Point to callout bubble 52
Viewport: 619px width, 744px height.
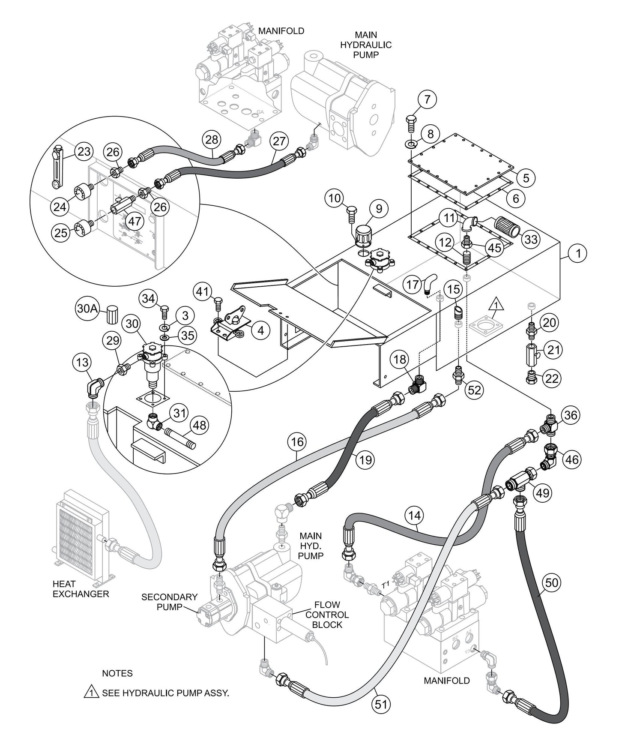[x=475, y=390]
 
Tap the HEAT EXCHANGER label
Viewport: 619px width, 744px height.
[x=81, y=589]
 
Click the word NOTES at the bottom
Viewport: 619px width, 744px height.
[x=117, y=673]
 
